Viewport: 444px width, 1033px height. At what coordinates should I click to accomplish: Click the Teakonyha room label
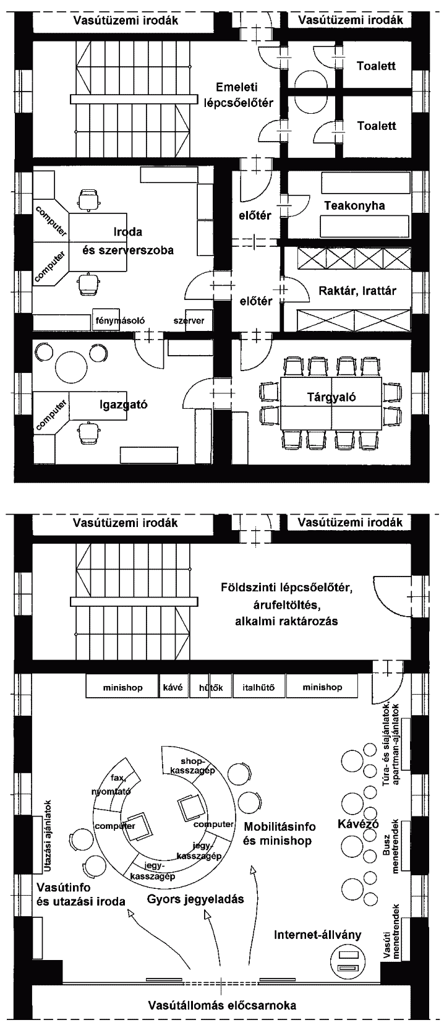pos(354,206)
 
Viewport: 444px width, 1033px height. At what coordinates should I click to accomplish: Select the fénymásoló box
pos(119,320)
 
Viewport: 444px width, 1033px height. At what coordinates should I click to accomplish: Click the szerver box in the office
pos(189,320)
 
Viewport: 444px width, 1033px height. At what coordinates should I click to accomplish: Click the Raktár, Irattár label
pos(357,291)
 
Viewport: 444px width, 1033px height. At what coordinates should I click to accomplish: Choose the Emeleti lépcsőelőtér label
pos(238,95)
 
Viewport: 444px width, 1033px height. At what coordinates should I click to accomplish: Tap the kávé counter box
pos(173,687)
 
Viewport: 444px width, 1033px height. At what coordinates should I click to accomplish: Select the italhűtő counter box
pos(258,687)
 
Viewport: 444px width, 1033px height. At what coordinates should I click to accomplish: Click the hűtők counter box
pos(211,687)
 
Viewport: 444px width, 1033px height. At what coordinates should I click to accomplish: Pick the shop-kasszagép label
pos(192,766)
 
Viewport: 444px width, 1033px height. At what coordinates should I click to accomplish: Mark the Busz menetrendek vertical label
pos(391,847)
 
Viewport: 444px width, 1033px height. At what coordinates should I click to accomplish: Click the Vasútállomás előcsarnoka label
pos(222,1005)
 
